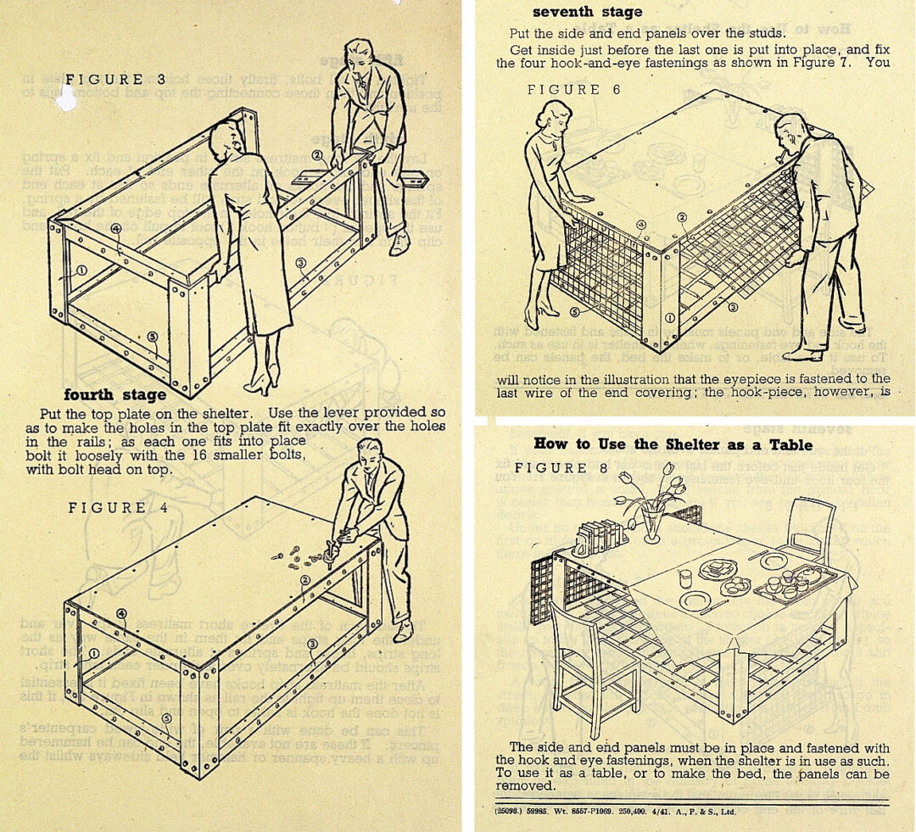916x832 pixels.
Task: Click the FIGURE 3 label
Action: (105, 80)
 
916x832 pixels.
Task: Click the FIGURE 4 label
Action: (107, 508)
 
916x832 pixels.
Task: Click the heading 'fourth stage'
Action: (115, 395)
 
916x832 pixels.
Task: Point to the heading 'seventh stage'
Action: (587, 12)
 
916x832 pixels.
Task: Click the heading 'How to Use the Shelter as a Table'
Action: (673, 444)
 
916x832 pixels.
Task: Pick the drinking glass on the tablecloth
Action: (685, 578)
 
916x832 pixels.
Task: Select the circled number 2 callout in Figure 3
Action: (316, 155)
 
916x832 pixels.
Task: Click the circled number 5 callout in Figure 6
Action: (551, 311)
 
